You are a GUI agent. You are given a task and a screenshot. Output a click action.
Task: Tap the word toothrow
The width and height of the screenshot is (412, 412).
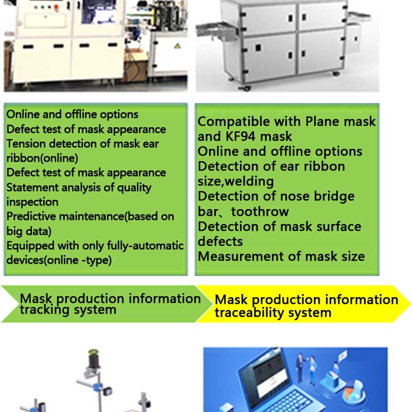click(x=260, y=212)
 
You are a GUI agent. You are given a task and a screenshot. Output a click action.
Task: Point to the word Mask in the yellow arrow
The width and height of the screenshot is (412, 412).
click(x=231, y=300)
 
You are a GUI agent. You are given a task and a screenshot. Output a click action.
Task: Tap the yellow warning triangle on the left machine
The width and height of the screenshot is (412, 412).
click(x=177, y=45)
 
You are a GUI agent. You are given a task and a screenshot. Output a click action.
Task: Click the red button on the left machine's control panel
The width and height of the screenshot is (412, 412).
click(x=56, y=7)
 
